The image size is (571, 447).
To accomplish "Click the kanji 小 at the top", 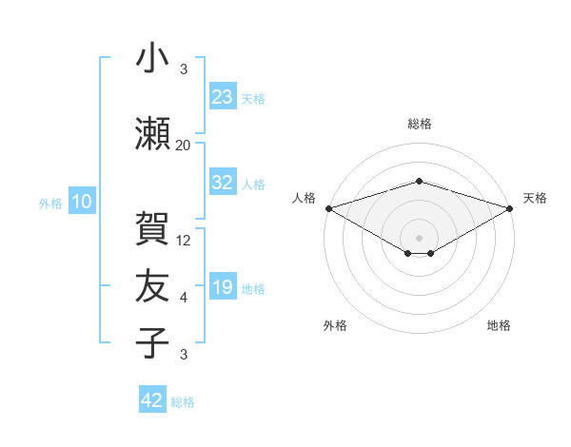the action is (152, 57).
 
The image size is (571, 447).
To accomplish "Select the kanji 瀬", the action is (152, 133).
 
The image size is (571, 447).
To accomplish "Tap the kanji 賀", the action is (152, 228).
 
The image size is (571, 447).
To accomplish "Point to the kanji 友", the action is (152, 285).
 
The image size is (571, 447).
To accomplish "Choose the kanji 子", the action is (152, 342).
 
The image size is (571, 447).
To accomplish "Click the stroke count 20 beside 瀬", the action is (183, 146).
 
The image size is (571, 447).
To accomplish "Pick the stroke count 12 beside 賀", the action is (183, 241).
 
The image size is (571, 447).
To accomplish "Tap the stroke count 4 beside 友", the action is (184, 298).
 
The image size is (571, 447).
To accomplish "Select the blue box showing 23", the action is (223, 96).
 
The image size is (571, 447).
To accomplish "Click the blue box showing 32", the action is (223, 182).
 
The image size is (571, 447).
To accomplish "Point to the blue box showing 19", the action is (223, 285).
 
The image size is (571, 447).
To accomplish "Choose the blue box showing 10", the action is (82, 201).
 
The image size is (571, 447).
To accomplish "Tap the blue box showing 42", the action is (152, 398).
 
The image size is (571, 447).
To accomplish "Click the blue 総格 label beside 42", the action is (183, 402).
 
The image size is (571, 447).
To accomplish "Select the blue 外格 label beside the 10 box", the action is (50, 204).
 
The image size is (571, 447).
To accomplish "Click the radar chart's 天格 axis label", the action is (535, 198).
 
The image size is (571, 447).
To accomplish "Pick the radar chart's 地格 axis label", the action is (499, 325).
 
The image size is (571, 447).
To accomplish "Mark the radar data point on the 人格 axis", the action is (329, 208).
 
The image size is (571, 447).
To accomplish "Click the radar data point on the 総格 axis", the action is (419, 181).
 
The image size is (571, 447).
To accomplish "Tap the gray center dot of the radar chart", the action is (419, 238).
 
